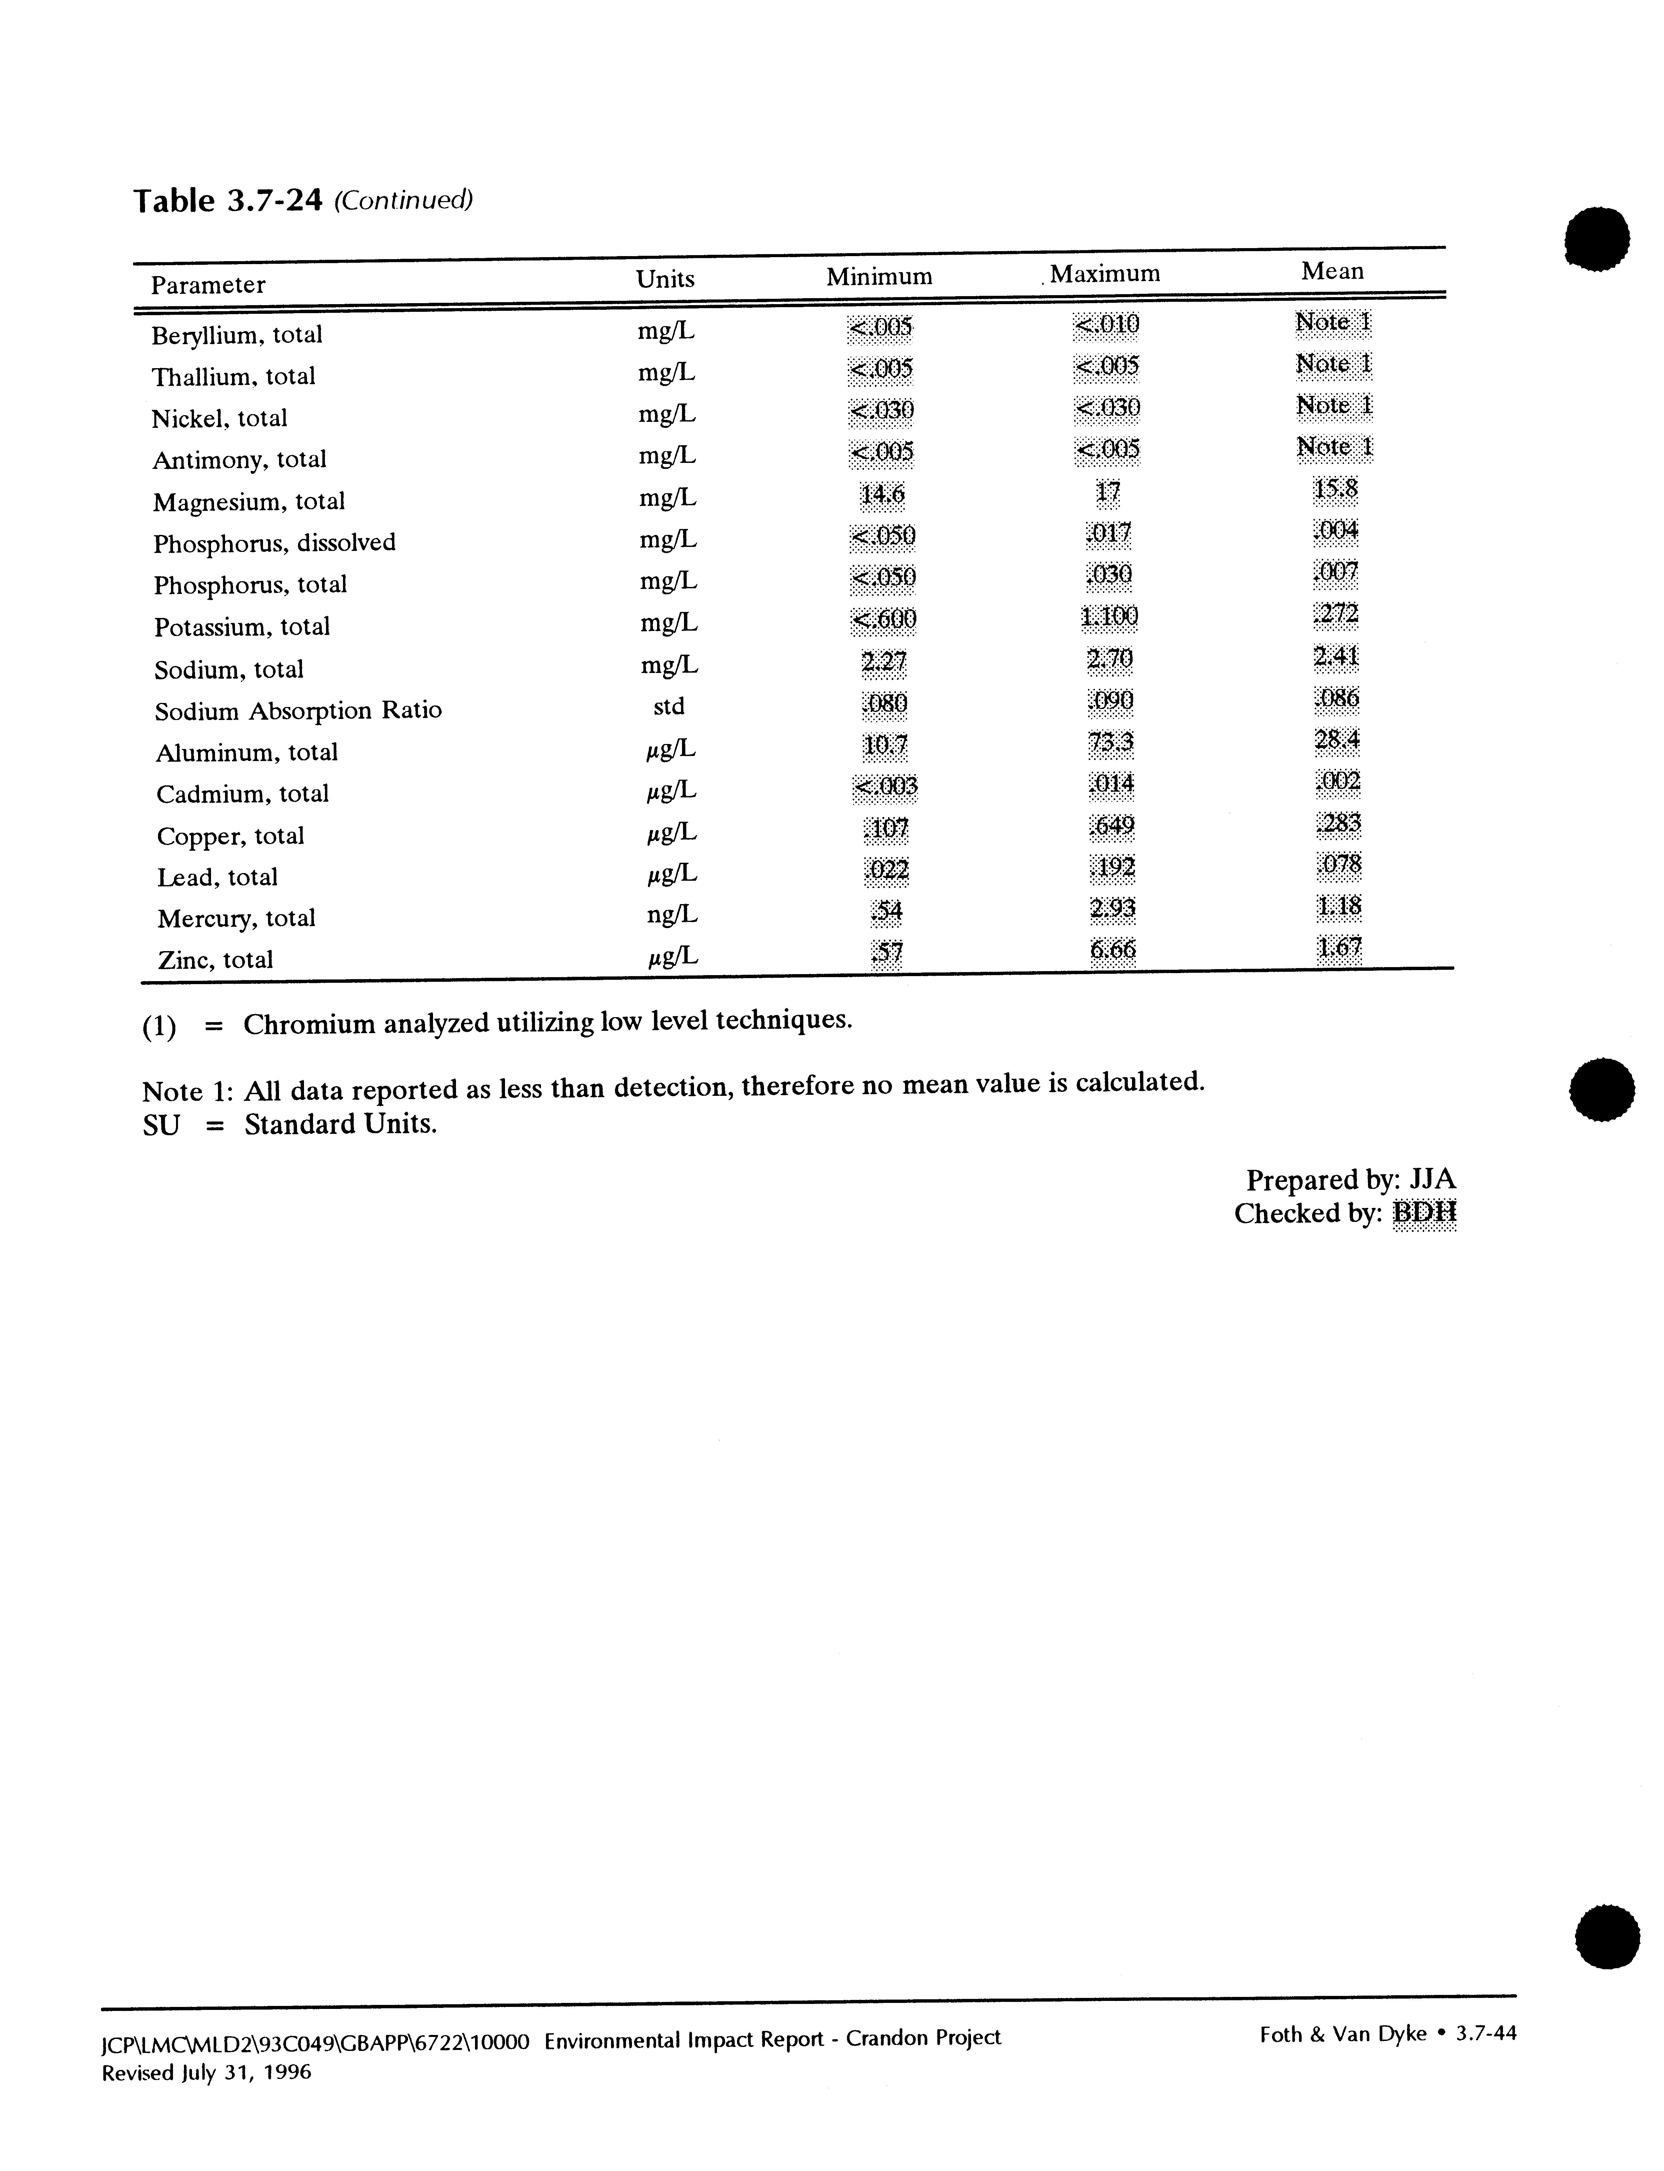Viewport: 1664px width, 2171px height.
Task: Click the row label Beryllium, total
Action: [x=237, y=335]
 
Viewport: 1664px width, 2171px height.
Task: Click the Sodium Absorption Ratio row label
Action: [x=297, y=710]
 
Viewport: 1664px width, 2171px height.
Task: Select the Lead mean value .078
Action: [x=1339, y=865]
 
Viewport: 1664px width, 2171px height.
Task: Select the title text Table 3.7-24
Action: [x=228, y=201]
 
